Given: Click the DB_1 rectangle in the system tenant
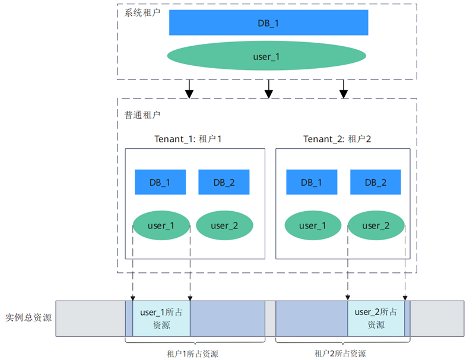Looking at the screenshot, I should pyautogui.click(x=268, y=23).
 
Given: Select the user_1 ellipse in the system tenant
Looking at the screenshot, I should pyautogui.click(x=266, y=56).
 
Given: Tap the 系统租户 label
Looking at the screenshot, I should pyautogui.click(x=143, y=12).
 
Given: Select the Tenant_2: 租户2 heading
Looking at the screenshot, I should pyautogui.click(x=337, y=139).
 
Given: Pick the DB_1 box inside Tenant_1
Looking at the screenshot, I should pyautogui.click(x=160, y=182).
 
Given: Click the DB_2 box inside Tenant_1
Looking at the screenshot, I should pyautogui.click(x=224, y=182).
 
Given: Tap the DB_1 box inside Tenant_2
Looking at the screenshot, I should pyautogui.click(x=312, y=182).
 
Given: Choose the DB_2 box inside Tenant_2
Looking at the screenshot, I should pyautogui.click(x=376, y=182).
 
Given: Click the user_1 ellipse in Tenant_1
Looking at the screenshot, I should pyautogui.click(x=161, y=225).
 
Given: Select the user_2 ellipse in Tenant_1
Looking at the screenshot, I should pyautogui.click(x=224, y=225).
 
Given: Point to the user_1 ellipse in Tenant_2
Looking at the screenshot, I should pyautogui.click(x=312, y=225).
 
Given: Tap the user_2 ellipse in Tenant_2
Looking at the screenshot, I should pyautogui.click(x=376, y=225).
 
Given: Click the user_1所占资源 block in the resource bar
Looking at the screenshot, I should pyautogui.click(x=161, y=318).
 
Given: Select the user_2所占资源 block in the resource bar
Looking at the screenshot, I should pyautogui.click(x=376, y=318).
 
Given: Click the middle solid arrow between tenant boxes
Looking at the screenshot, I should pyautogui.click(x=268, y=88).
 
